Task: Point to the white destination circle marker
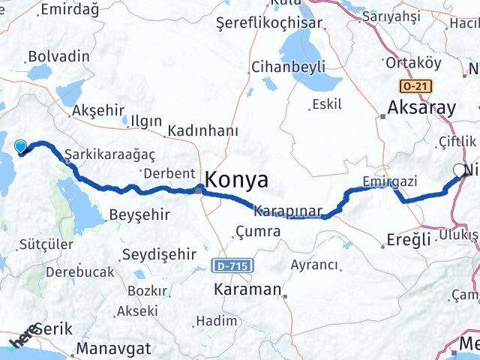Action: point(459,170)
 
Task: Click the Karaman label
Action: point(247,289)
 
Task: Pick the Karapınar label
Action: point(288,210)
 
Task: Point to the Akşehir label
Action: point(97,110)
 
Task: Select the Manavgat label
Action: point(115,348)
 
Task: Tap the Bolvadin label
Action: point(58,56)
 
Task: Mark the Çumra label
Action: point(258,232)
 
